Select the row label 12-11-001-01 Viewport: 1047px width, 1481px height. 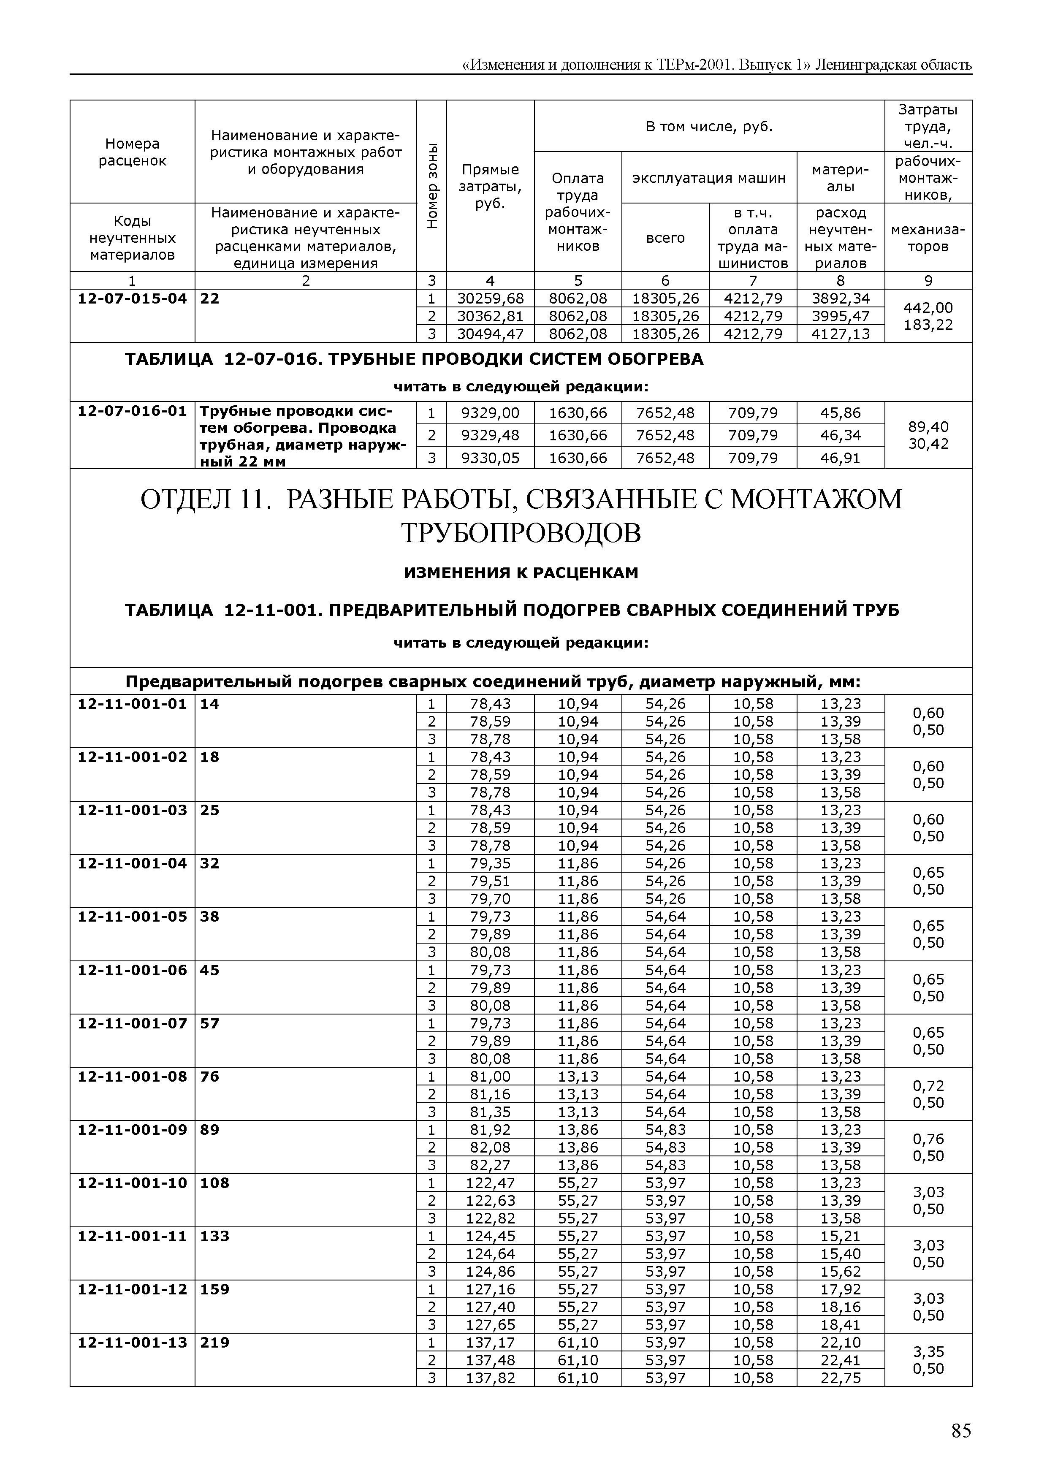tap(132, 704)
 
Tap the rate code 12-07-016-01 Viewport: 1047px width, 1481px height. tap(132, 411)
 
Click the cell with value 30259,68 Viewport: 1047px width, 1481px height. tap(490, 298)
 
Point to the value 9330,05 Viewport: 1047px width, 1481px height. tap(490, 458)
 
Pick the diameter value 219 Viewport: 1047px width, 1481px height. tap(215, 1343)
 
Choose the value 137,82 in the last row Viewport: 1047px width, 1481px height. tap(490, 1378)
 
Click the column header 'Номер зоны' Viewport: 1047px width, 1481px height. tap(431, 186)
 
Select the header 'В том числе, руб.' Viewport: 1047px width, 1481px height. tap(709, 126)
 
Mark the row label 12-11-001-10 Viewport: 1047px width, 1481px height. tap(132, 1183)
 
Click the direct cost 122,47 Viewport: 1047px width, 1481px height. tap(490, 1183)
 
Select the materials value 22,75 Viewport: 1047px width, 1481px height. tap(840, 1378)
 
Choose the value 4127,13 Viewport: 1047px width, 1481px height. tap(840, 334)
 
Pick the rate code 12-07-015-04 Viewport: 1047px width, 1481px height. tap(132, 298)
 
